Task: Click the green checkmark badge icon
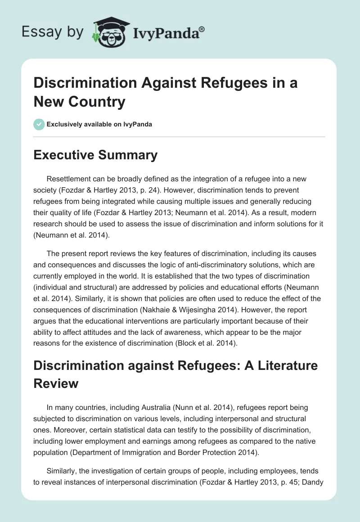39,124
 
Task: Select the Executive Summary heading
96,155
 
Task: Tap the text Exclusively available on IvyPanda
99,124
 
